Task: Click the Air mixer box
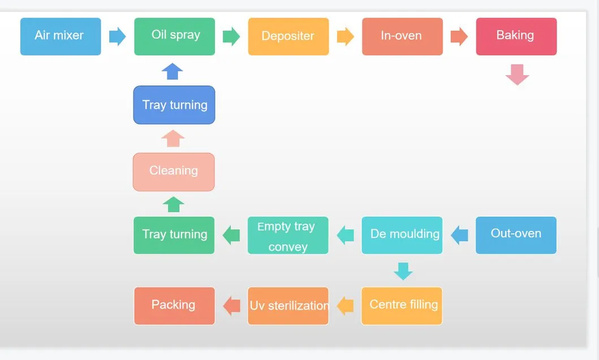click(x=61, y=36)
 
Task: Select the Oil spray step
click(x=175, y=36)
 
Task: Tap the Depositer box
click(x=288, y=36)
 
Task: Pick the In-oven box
click(x=402, y=36)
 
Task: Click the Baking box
click(x=516, y=36)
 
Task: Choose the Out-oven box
click(x=516, y=235)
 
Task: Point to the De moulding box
click(x=402, y=235)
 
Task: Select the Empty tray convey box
click(x=288, y=235)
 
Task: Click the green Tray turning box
click(x=174, y=235)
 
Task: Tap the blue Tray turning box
click(x=174, y=105)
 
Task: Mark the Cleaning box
click(x=174, y=172)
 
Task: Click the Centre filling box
click(x=402, y=306)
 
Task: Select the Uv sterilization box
click(x=288, y=306)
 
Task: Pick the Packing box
click(x=174, y=306)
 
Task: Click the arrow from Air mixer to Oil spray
click(x=117, y=36)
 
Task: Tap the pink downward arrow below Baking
click(x=517, y=74)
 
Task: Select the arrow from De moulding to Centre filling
click(x=403, y=271)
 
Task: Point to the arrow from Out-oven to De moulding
click(x=459, y=235)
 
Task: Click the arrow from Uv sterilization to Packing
click(x=232, y=306)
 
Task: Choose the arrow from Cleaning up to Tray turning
click(x=173, y=138)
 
